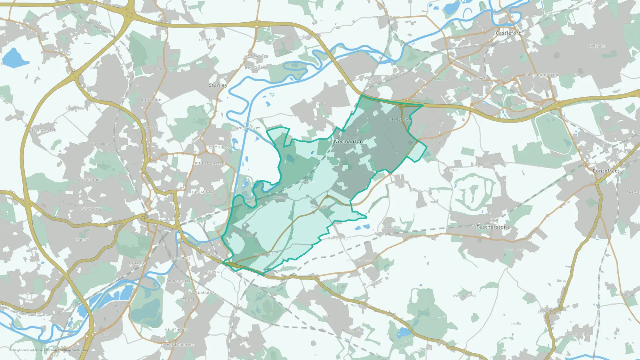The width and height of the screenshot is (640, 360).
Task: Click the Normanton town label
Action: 348,141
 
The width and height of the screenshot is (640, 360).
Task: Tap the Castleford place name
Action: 508,33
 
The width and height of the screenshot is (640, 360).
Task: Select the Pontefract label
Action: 606,171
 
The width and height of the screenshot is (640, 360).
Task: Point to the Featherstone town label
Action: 493,227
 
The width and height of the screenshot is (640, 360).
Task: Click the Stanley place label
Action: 218,85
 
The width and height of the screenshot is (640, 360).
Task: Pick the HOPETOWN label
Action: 400,119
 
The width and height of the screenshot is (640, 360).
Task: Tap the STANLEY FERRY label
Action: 246,128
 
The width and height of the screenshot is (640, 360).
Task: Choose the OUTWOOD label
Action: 152,100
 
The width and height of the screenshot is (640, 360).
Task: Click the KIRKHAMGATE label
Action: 43,130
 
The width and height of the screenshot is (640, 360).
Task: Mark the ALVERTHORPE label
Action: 90,180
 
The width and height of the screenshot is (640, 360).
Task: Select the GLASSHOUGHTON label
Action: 541,75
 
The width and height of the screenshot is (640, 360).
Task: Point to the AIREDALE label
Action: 596,46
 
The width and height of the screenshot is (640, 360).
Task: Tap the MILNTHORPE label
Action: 176,330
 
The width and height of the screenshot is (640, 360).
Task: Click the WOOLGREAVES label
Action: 180,345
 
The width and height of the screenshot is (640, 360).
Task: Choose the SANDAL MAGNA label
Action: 200,292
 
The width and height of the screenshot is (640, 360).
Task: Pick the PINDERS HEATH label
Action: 210,163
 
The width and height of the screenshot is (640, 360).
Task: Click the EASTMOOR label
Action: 202,192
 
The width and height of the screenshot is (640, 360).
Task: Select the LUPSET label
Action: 82,240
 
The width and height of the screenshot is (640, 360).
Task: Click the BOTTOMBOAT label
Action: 257,68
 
